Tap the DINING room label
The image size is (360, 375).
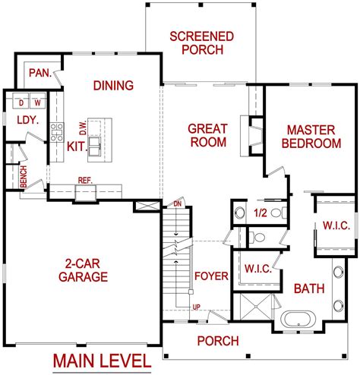pos(114,86)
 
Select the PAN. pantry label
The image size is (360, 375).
pos(39,73)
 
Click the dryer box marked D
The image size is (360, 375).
pos(22,102)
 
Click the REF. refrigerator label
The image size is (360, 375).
pos(84,181)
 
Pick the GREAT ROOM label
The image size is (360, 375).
pos(207,136)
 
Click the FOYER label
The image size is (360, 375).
pos(210,276)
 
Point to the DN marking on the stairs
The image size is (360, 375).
pos(178,204)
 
